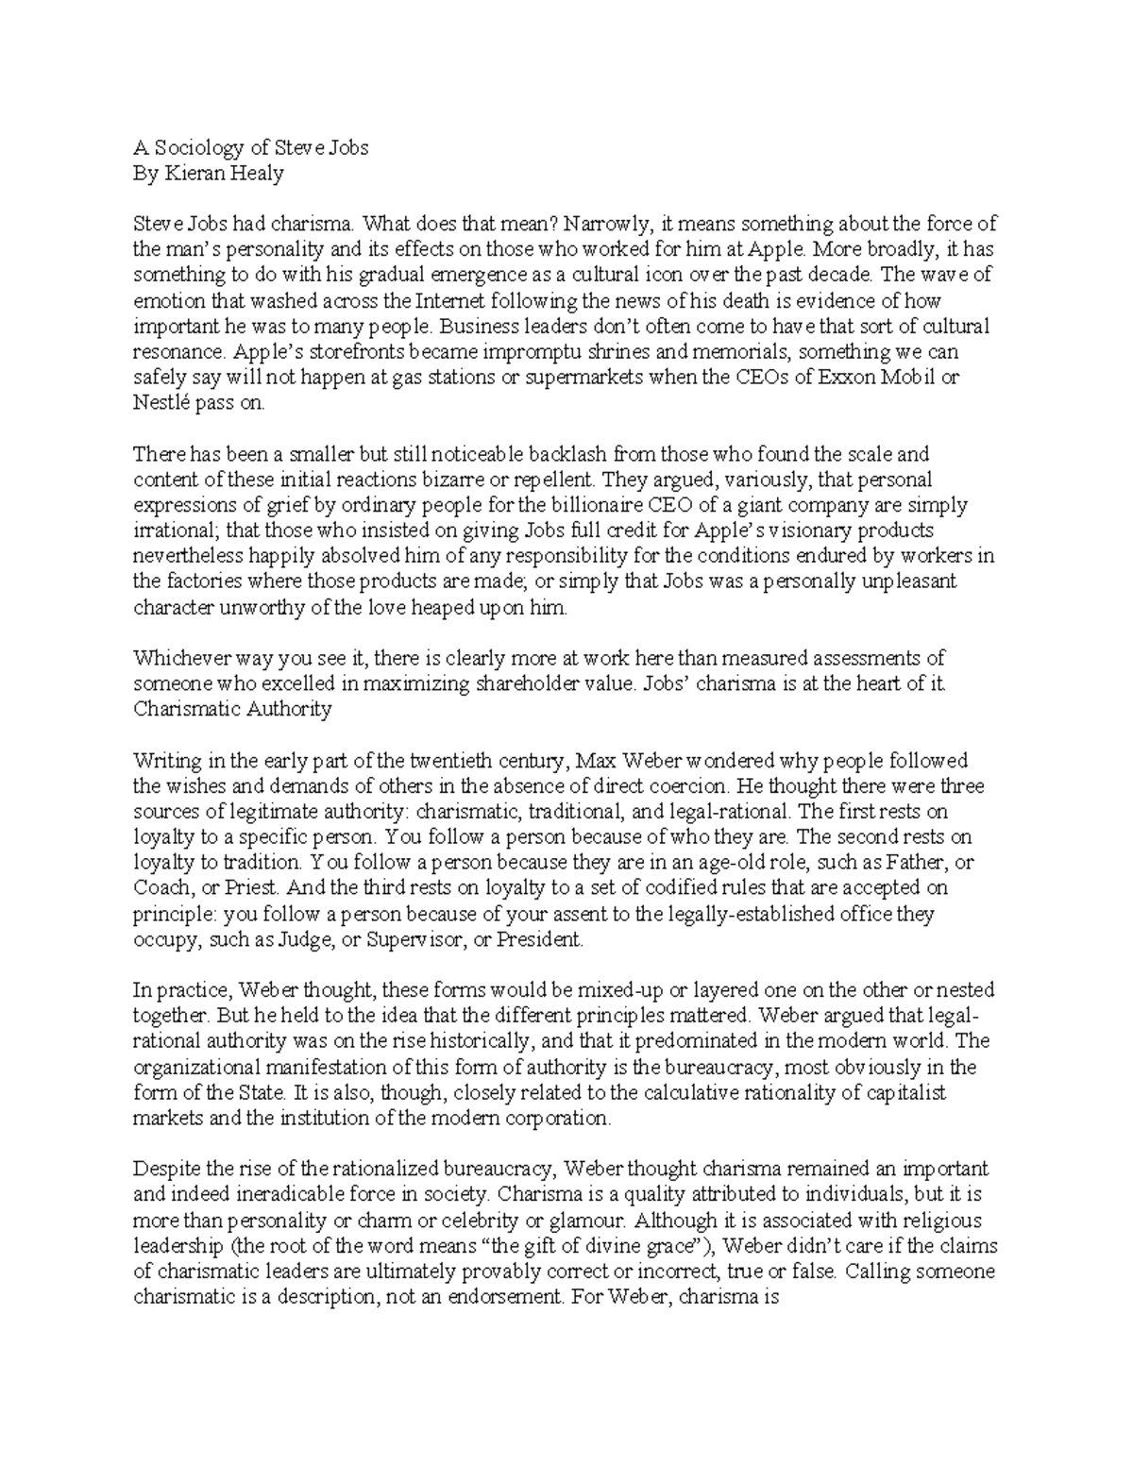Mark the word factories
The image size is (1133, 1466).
[200, 581]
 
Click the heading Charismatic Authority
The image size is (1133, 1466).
[232, 709]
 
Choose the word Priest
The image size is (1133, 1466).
[253, 887]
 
